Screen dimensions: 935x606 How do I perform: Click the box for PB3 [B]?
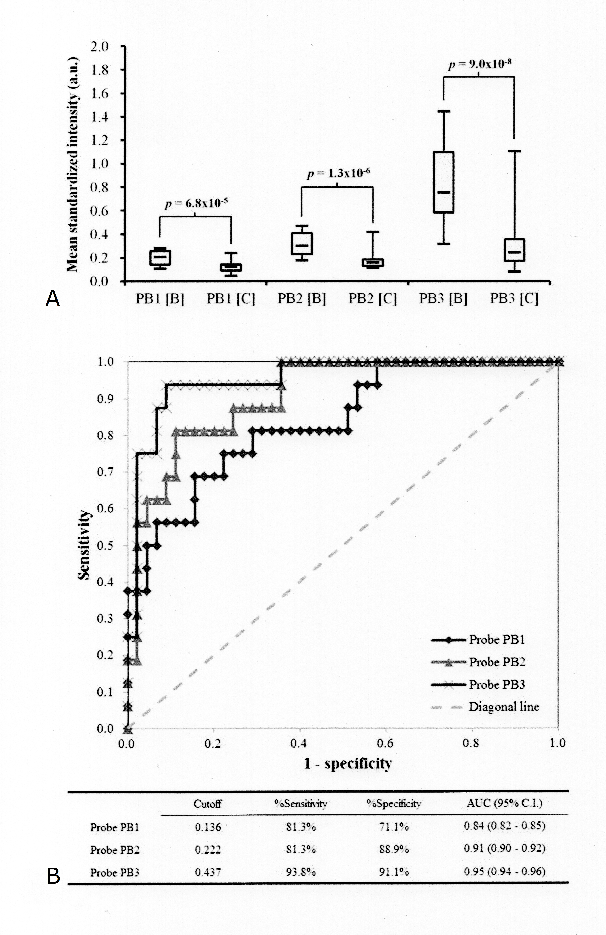(443, 182)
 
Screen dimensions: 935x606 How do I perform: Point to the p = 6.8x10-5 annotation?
(196, 204)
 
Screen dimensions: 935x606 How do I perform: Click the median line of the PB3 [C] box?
(514, 252)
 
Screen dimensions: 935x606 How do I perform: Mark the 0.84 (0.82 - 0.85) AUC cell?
(504, 826)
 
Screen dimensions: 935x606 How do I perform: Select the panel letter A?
(53, 299)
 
